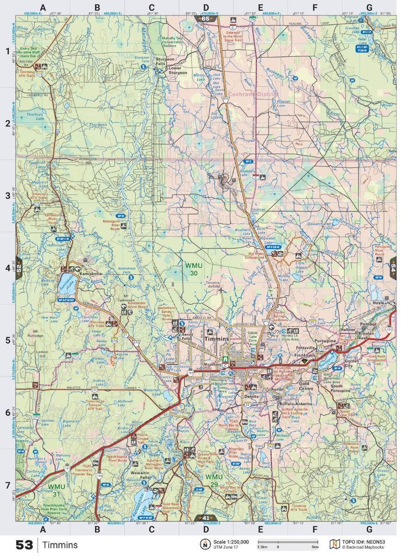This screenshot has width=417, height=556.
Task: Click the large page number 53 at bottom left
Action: click(24, 545)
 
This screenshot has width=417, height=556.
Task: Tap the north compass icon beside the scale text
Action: click(204, 544)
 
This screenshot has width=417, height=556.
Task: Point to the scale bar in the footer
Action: click(288, 542)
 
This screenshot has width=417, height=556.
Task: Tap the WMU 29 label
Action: click(214, 477)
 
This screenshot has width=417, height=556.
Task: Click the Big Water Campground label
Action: click(262, 255)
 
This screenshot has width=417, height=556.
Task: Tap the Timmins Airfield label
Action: click(213, 285)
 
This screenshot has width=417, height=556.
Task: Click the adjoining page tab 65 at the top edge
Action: click(208, 19)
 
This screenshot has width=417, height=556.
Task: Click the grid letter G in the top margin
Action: click(369, 7)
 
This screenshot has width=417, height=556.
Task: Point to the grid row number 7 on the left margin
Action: click(7, 485)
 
